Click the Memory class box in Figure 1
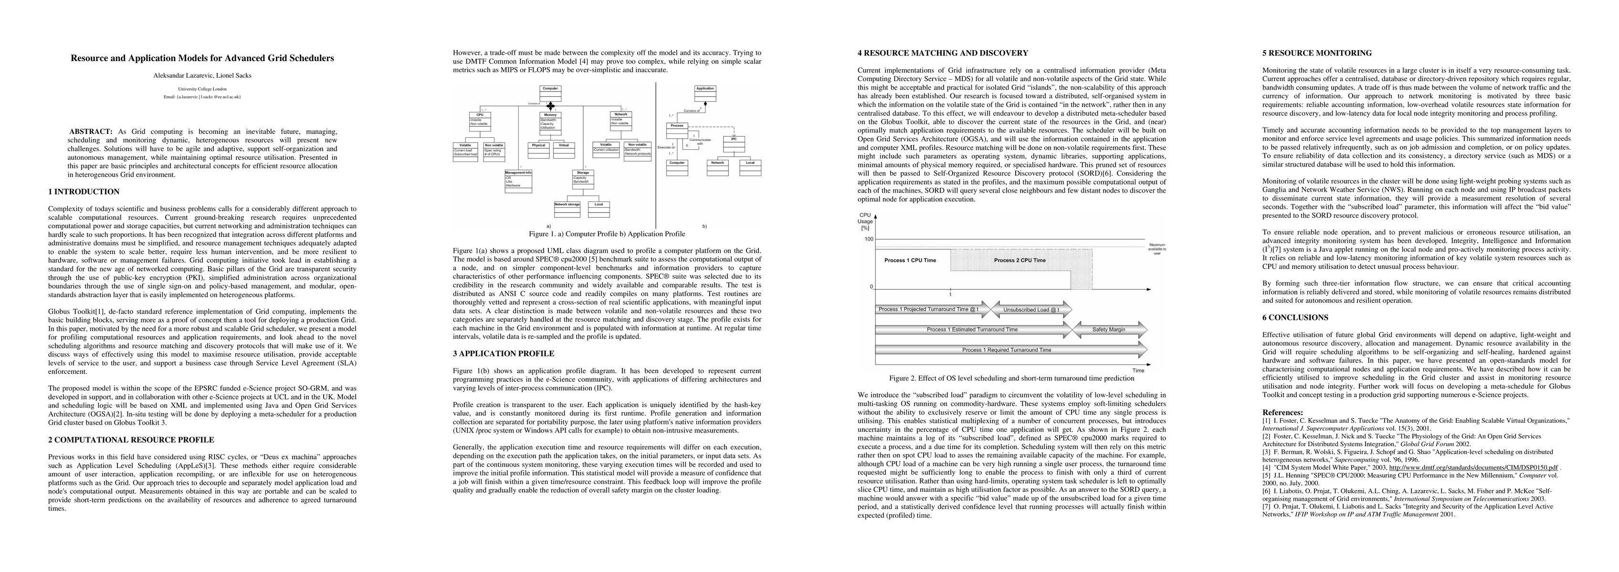pyautogui.click(x=550, y=121)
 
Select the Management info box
pyautogui.click(x=518, y=181)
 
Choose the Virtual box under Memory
pyautogui.click(x=563, y=150)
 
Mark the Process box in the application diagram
pyautogui.click(x=677, y=130)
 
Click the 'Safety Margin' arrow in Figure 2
pyautogui.click(x=1109, y=329)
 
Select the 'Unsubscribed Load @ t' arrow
pyautogui.click(x=1031, y=309)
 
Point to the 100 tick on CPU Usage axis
pyautogui.click(x=869, y=239)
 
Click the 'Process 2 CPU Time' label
pyautogui.click(x=1020, y=260)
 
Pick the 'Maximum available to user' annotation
pyautogui.click(x=1156, y=249)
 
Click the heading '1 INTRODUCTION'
pyautogui.click(x=84, y=192)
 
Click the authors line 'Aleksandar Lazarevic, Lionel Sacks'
pyautogui.click(x=202, y=75)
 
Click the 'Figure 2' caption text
pyautogui.click(x=1011, y=378)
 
